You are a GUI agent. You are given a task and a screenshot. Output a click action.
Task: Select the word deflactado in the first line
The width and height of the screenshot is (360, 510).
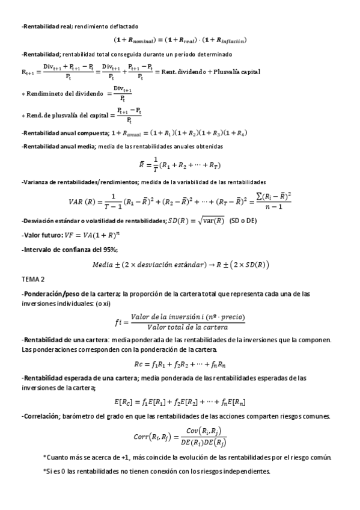(124, 27)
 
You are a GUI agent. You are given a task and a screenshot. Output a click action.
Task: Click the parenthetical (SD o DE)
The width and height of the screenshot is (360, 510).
(243, 221)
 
